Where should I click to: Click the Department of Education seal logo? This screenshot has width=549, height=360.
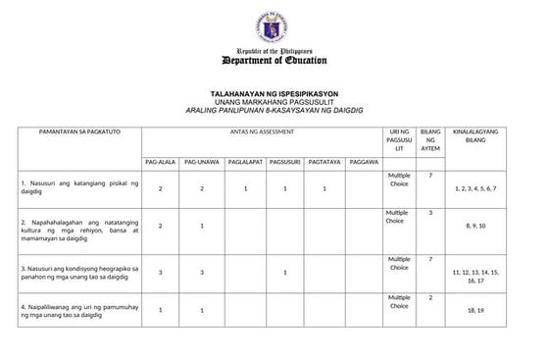pos(274,23)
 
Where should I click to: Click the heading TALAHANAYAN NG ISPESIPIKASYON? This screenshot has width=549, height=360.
pos(274,92)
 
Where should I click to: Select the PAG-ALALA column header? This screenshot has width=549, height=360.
pos(161,159)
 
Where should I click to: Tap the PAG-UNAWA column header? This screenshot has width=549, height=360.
pos(202,159)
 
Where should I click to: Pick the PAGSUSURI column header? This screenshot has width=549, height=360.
pos(283,159)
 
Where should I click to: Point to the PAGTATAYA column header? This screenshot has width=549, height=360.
pos(324,159)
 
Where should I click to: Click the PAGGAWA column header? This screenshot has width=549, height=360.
pos(364,159)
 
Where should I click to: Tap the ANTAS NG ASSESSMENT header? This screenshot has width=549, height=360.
pos(262,129)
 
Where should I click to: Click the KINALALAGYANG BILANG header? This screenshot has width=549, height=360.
pos(475,134)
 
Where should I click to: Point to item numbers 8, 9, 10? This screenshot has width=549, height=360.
pos(475,227)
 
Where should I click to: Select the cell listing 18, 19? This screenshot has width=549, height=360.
pos(475,310)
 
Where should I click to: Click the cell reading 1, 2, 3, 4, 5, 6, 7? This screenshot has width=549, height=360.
pos(475,187)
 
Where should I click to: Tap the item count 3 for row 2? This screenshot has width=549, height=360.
pos(429,212)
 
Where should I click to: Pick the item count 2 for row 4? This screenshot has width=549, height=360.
pos(429,296)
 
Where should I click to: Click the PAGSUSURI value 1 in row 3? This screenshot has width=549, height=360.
pos(283,271)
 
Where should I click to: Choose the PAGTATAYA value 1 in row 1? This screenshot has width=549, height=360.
pos(324,187)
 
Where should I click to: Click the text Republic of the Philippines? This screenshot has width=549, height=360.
pos(274,50)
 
